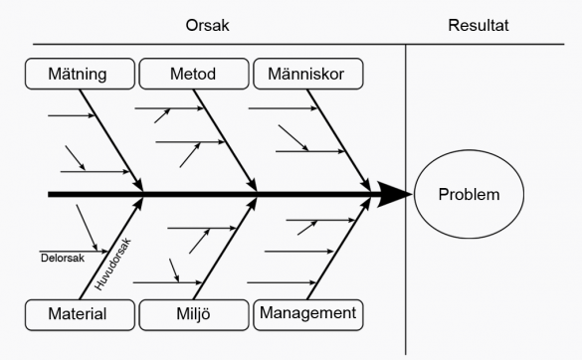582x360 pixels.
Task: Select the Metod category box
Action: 193,74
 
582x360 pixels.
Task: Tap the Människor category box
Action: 308,74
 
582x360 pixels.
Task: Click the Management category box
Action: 308,314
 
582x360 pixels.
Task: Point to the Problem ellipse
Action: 470,195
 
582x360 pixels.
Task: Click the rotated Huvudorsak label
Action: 112,261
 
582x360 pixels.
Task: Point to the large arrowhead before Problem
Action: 395,195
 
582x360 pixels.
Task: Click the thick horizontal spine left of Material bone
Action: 90,195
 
